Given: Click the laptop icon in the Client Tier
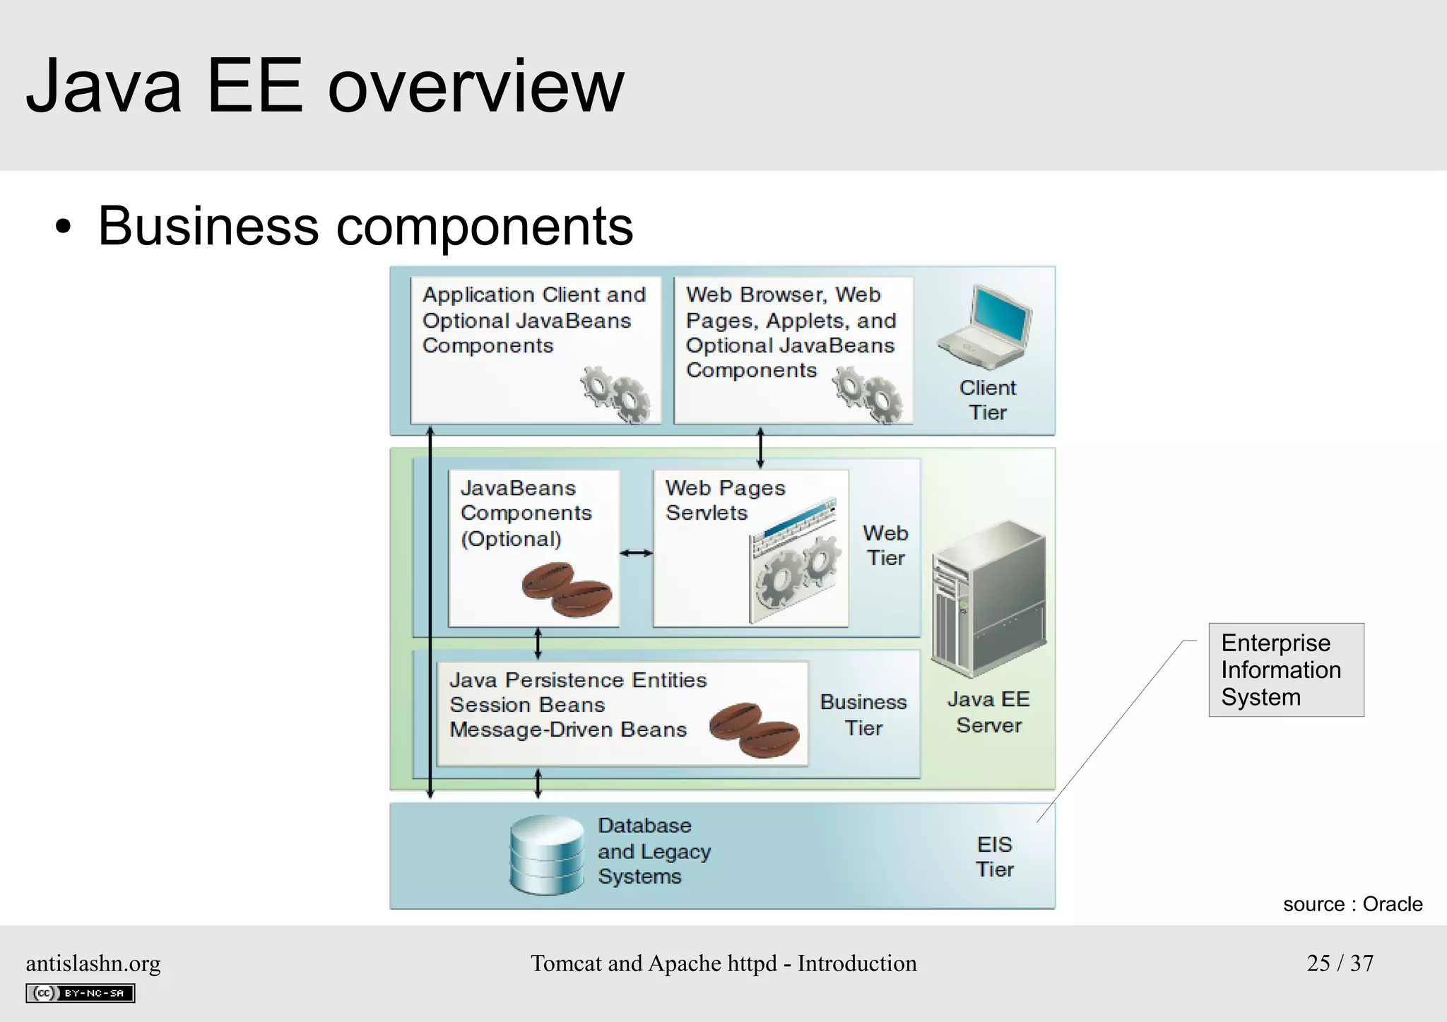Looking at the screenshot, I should tap(986, 327).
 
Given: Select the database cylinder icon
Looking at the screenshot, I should tap(546, 854).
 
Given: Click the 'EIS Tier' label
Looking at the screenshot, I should tap(995, 857).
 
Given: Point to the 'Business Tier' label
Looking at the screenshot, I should tap(863, 715).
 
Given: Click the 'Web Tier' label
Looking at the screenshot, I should tap(885, 545).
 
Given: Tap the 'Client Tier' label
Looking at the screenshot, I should tap(988, 400).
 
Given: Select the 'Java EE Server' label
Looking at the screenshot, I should tap(988, 712).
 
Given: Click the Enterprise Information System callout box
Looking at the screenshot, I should tap(1286, 670).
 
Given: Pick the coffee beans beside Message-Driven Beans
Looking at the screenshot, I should tap(755, 729).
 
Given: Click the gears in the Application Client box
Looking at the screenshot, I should tap(615, 394).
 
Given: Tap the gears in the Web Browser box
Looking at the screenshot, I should tap(868, 393).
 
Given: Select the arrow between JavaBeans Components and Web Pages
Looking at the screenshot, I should tap(636, 553).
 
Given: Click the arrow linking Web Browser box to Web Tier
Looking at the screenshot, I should tap(760, 447).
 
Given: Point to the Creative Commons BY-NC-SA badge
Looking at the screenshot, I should tap(81, 993).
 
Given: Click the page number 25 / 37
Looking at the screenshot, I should tap(1340, 963).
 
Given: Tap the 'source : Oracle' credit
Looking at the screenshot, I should tap(1352, 904).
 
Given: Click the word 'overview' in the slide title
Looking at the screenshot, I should tap(476, 86).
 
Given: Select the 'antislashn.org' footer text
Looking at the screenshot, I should tap(93, 963).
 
